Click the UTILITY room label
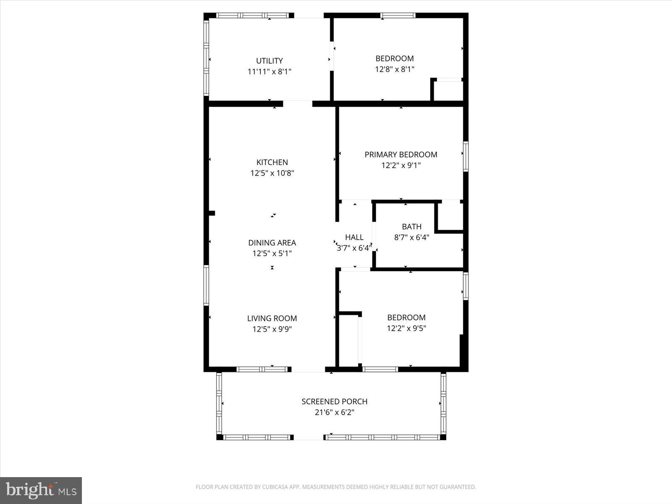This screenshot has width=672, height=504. pos(269,61)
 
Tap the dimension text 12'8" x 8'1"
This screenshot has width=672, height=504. pos(394,69)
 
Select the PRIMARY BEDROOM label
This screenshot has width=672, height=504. pos(401,155)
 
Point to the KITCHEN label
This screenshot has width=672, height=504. pos(272,162)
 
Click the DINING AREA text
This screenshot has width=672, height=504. pos(272,243)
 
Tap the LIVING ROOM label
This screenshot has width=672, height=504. pos(272,318)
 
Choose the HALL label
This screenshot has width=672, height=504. pos(354,237)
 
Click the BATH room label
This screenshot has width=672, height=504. pos(411,227)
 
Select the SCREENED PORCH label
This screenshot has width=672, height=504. pos(334,402)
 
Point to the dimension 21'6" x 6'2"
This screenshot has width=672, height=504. pos(334,412)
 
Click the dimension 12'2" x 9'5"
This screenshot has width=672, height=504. pos(406,328)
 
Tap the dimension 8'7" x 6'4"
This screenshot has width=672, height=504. pos(411,237)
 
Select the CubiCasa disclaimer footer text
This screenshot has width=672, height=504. pos(336,487)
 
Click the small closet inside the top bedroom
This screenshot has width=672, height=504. pos(448,91)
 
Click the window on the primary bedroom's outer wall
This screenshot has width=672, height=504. pos(465,156)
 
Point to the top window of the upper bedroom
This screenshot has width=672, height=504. pos(398,16)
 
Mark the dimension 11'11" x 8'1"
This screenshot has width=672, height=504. pos(269,72)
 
